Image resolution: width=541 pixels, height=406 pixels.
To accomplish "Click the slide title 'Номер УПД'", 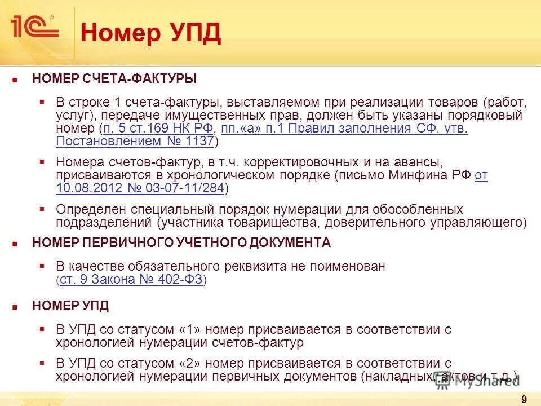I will coord(150,33).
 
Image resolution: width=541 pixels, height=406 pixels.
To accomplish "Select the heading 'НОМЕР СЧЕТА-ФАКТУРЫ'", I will coord(114,78).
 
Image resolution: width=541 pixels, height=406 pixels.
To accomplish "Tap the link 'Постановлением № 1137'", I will coord(135,141).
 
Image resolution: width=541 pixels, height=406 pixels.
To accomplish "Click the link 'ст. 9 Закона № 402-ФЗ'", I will coord(131,280).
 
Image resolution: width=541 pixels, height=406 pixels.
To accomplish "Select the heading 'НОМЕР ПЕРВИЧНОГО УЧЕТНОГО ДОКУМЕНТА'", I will coord(181,243).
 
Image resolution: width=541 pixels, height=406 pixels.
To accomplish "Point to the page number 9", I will coord(524,400).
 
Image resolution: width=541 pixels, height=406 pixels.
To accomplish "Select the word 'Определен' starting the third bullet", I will coord(87,209).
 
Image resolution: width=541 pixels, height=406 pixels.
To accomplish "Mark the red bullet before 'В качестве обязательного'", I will coord(42,265).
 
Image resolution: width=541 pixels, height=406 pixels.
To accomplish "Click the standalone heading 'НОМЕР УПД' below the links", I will coord(70,306).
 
